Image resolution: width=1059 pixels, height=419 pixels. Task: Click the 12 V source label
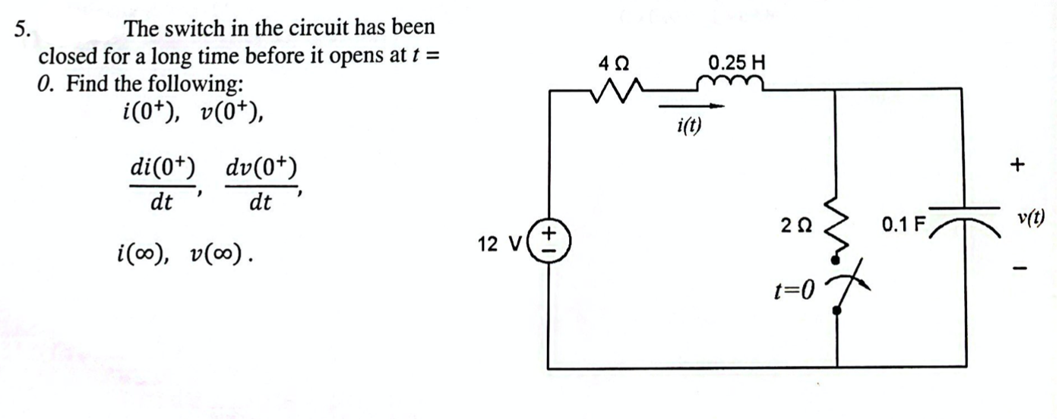tap(499, 244)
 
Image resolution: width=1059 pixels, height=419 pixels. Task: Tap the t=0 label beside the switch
tap(793, 288)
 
